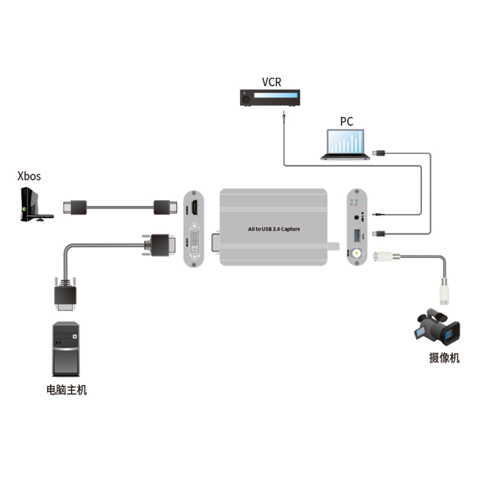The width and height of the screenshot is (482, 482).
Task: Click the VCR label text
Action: [271, 82]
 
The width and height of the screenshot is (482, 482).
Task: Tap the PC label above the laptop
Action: [346, 121]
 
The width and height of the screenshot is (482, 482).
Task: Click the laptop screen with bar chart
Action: [346, 142]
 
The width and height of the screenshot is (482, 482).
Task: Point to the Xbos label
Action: [30, 176]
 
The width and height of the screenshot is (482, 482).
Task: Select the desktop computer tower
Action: [66, 349]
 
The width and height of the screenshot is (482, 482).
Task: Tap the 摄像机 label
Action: [444, 358]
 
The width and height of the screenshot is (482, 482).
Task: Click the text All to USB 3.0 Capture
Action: [274, 229]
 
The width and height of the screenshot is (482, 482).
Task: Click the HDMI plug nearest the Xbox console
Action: [76, 207]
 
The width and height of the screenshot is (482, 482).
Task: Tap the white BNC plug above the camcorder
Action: [445, 295]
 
